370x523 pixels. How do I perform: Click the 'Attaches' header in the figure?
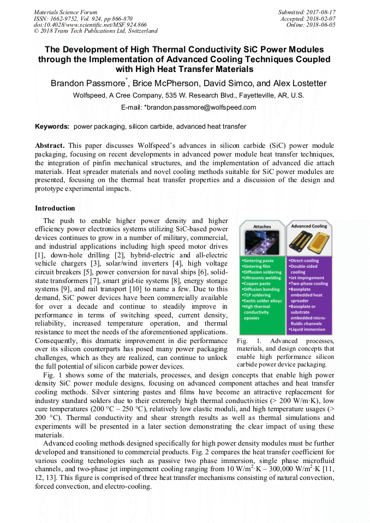click(x=262, y=226)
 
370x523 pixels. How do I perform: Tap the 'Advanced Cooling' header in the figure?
click(x=308, y=226)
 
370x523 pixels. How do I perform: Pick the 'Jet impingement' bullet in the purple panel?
click(x=308, y=277)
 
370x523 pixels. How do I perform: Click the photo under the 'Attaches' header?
click(x=262, y=243)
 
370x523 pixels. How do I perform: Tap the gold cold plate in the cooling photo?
click(x=309, y=243)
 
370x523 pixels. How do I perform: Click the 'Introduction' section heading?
click(x=55, y=208)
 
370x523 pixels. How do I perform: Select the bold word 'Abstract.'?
click(x=50, y=146)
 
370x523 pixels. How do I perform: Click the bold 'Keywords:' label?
click(x=52, y=127)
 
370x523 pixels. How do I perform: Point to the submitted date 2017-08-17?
click(x=323, y=11)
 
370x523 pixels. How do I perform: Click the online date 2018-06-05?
click(x=323, y=25)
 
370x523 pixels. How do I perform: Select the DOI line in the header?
click(x=90, y=25)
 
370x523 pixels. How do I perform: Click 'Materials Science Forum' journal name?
click(x=65, y=11)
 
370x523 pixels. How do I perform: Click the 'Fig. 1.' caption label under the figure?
click(x=246, y=341)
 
